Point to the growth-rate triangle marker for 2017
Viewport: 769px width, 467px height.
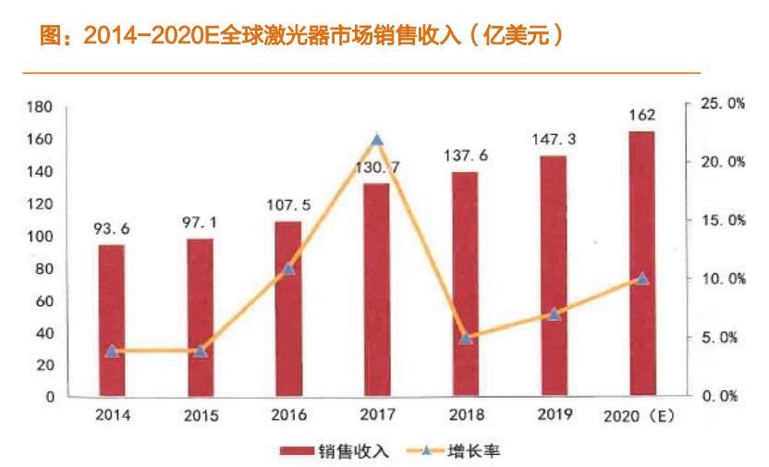pyautogui.click(x=376, y=141)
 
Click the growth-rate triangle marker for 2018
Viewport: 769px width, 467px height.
pyautogui.click(x=466, y=338)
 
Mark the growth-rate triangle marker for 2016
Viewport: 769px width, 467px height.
pyautogui.click(x=287, y=268)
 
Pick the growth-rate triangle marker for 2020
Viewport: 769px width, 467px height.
pyautogui.click(x=642, y=277)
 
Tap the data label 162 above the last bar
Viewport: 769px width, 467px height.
pyautogui.click(x=641, y=115)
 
